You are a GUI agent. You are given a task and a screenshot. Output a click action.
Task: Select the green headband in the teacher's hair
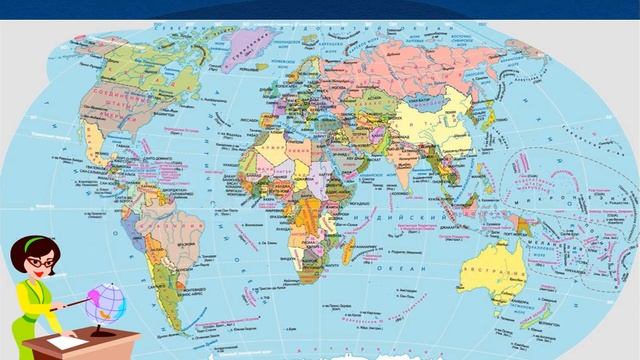pyautogui.click(x=31, y=241)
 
